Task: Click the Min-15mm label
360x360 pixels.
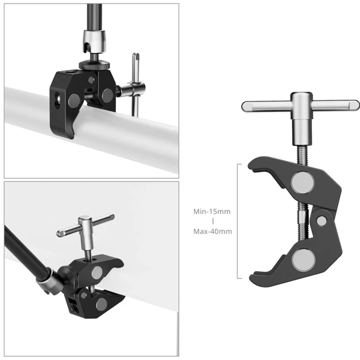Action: point(212,211)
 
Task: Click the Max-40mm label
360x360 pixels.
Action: point(212,231)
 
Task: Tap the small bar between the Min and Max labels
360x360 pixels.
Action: point(212,221)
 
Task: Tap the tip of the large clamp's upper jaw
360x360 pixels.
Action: point(253,166)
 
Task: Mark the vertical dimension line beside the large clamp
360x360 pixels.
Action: point(238,221)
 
